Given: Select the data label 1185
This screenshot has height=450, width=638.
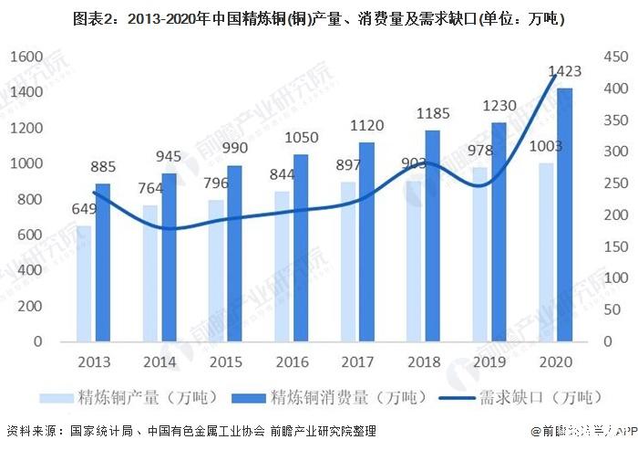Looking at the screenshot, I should (x=431, y=114).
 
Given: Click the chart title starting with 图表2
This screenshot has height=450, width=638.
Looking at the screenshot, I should (x=318, y=17).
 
